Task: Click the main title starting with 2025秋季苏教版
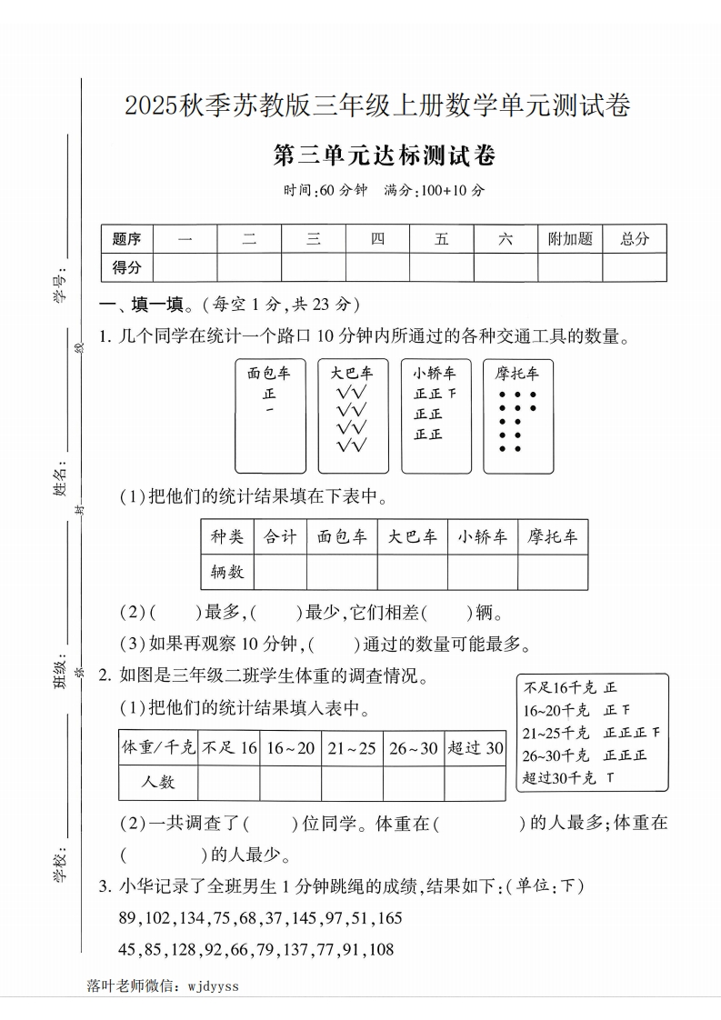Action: (377, 106)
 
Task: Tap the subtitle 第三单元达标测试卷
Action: (385, 156)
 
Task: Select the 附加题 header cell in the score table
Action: (570, 239)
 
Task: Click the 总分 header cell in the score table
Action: (635, 239)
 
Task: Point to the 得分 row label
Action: (126, 267)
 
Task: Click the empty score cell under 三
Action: (314, 267)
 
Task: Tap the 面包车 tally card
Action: (269, 416)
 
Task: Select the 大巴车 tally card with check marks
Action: (352, 416)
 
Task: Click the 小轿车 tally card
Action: (436, 416)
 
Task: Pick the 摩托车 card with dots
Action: (517, 416)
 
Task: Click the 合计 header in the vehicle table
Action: (280, 537)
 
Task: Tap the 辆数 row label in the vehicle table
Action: (227, 573)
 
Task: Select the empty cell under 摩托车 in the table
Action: (553, 573)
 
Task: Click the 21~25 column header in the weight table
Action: (352, 748)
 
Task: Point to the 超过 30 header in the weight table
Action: (475, 748)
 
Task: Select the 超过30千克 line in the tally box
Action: (569, 778)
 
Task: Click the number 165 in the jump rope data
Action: (386, 918)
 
